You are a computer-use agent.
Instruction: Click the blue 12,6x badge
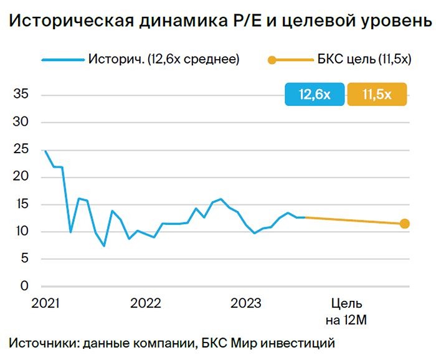coord(315,95)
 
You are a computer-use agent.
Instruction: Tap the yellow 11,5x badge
coord(377,95)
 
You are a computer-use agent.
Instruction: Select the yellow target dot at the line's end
coord(404,224)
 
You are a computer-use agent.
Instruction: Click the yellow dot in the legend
coord(272,60)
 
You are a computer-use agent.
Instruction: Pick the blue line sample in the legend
coord(62,60)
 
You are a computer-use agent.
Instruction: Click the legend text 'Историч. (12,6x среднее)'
coord(164,60)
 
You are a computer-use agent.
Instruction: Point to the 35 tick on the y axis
coord(21,95)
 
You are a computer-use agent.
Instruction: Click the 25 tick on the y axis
coord(21,149)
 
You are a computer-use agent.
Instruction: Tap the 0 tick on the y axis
coord(24,287)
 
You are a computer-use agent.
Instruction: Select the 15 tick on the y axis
coord(21,204)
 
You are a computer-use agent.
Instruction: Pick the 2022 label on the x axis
coord(146,304)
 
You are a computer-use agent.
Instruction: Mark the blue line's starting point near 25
coord(45,151)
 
